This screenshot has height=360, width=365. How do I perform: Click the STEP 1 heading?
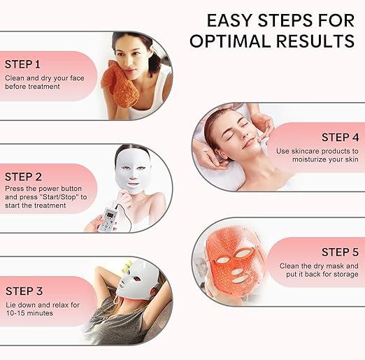22,64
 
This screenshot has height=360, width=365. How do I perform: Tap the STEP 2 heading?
23,177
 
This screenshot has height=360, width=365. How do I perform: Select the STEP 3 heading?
24,291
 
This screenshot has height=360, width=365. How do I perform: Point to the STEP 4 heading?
340,137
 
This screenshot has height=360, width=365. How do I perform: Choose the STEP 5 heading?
340,252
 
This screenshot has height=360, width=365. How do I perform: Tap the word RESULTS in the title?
315,41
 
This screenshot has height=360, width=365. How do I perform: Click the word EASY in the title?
230,20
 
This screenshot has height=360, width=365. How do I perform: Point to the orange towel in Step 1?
121,84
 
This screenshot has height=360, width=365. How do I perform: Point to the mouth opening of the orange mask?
239,279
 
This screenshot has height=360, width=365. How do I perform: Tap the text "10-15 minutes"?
29,313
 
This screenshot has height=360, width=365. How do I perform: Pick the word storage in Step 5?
346,275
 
